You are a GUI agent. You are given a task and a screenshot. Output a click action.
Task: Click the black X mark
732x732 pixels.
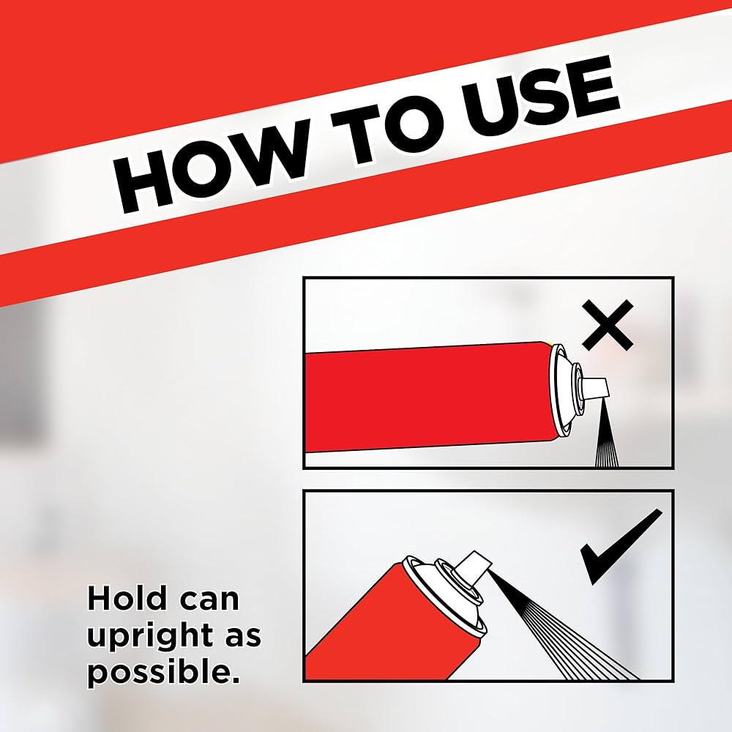[608, 326]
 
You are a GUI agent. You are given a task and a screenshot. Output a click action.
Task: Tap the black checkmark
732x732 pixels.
[621, 547]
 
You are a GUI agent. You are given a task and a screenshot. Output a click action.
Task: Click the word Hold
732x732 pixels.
[127, 598]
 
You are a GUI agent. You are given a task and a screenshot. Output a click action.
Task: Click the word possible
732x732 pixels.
[163, 672]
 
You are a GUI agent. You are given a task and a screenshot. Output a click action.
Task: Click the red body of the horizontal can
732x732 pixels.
[430, 397]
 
